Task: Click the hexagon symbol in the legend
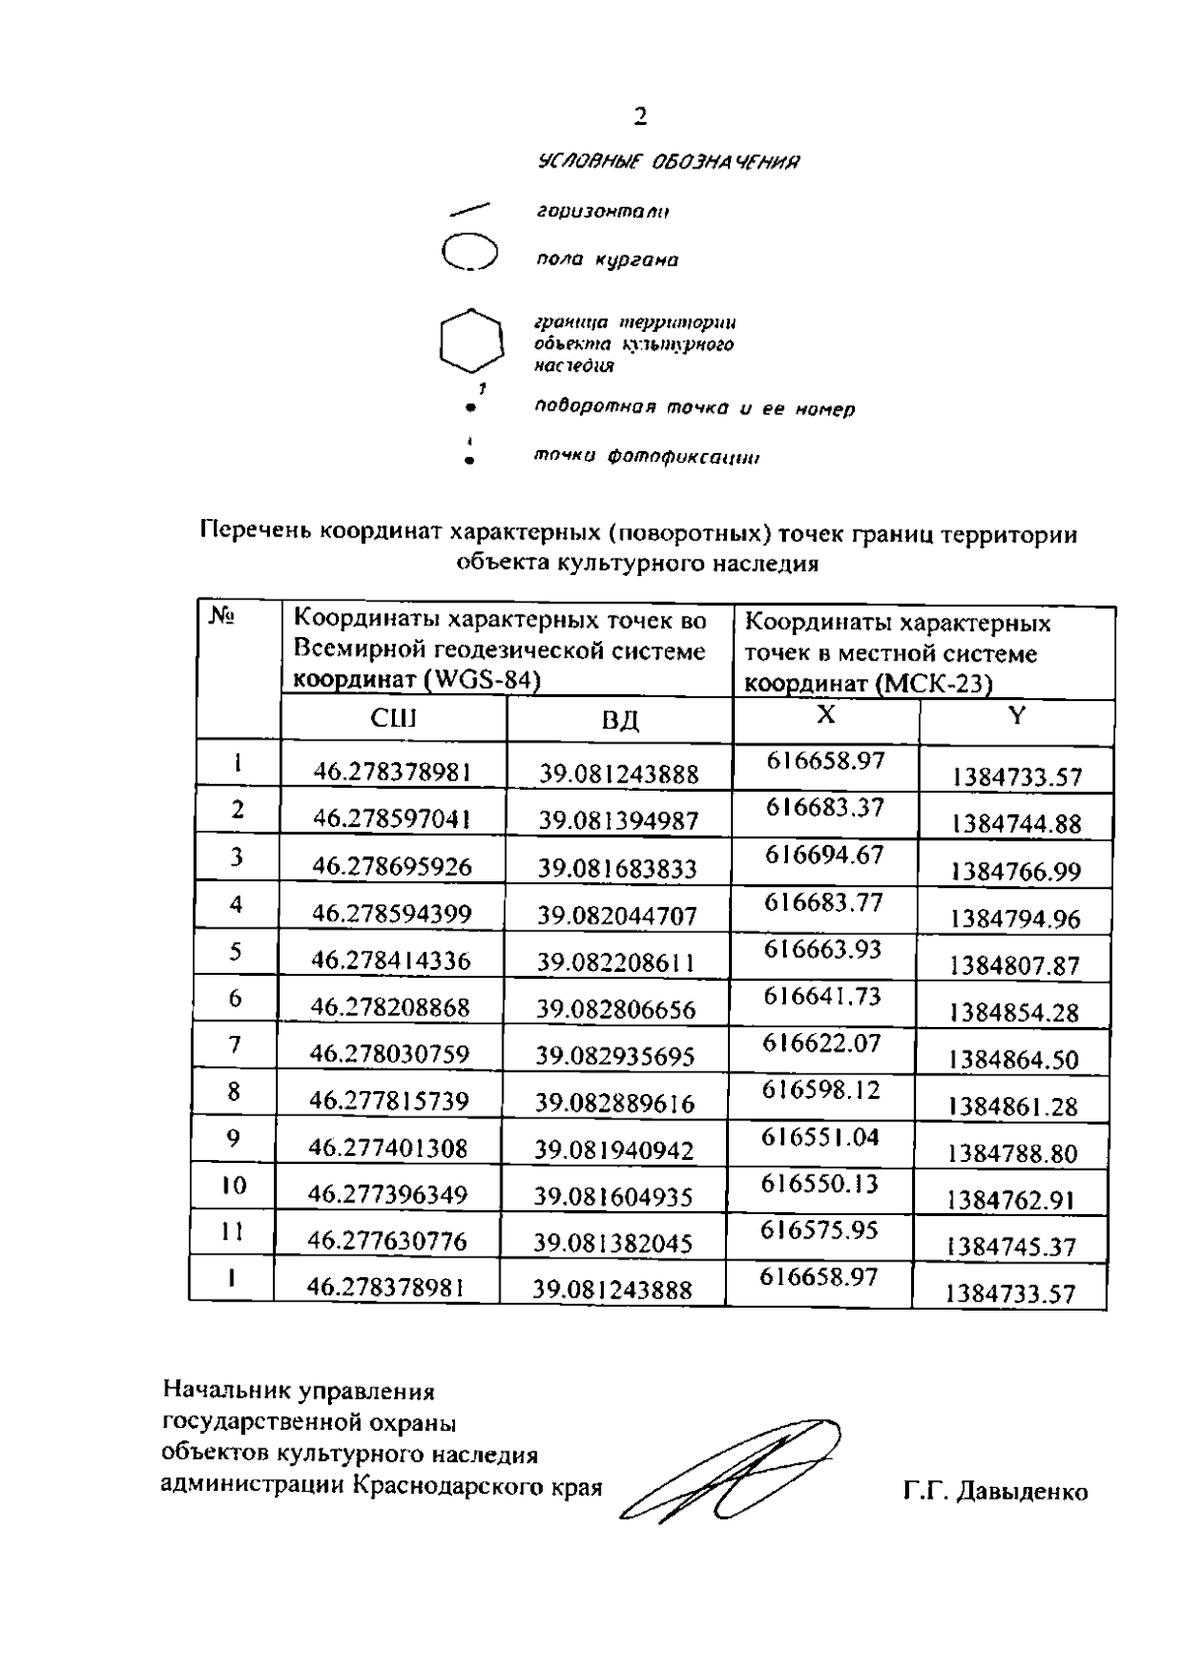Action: click(x=472, y=341)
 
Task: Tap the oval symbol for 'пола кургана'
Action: click(x=470, y=252)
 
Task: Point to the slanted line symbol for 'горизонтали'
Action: click(x=469, y=209)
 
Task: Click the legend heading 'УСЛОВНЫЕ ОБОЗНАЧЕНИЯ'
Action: click(x=668, y=162)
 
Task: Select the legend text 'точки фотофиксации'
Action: click(x=646, y=457)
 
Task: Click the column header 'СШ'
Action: click(x=393, y=718)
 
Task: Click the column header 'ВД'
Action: click(x=621, y=720)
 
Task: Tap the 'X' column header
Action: click(x=825, y=715)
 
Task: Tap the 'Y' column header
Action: click(x=1017, y=716)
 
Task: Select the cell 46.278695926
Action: click(x=392, y=867)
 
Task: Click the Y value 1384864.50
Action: click(x=1014, y=1060)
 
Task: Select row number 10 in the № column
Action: click(x=233, y=1185)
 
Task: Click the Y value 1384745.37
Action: click(x=1012, y=1247)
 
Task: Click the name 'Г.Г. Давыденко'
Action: click(x=995, y=1492)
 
